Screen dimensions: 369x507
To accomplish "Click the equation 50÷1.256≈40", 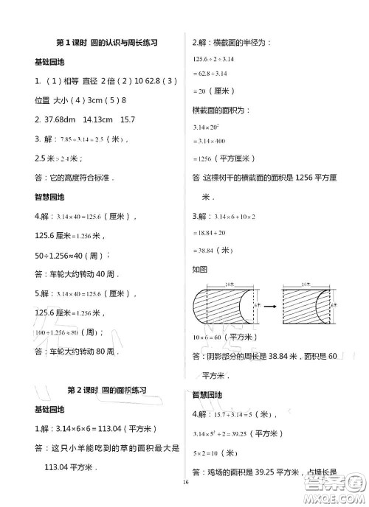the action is (x=71, y=255).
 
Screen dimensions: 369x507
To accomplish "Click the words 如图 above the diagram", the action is (x=199, y=270).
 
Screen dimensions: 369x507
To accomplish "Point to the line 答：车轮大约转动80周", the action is (x=74, y=352).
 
